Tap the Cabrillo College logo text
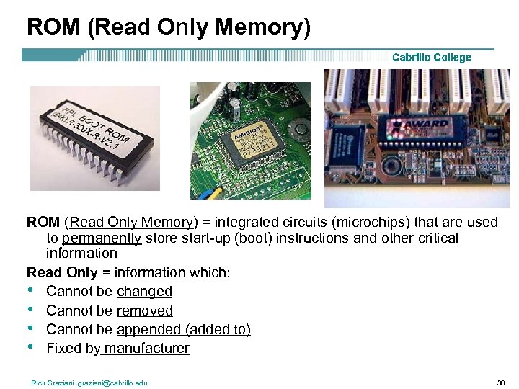pyautogui.click(x=431, y=57)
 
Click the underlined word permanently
pyautogui.click(x=102, y=238)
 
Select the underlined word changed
pyautogui.click(x=144, y=292)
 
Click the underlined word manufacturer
pyautogui.click(x=146, y=349)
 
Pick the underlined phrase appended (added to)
pyautogui.click(x=183, y=329)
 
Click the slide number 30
pyautogui.click(x=501, y=383)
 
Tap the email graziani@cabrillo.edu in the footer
pyautogui.click(x=113, y=383)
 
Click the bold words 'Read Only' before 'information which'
pyautogui.click(x=62, y=272)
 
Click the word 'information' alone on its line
pyautogui.click(x=81, y=254)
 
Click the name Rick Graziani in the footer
pyautogui.click(x=53, y=383)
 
